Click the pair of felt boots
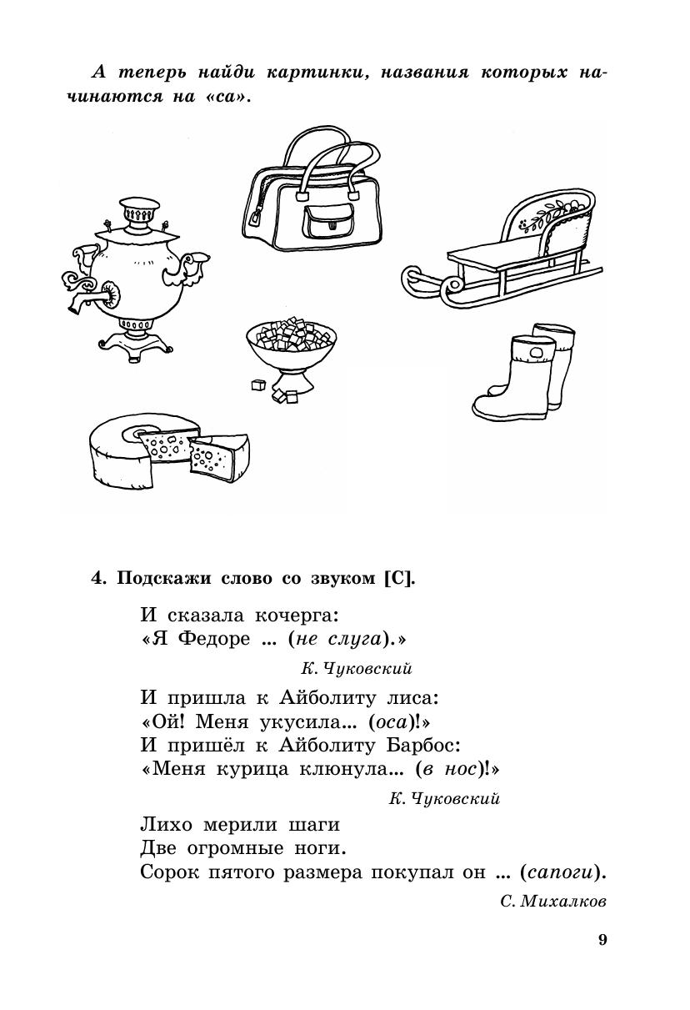[x=525, y=372]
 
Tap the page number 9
[x=602, y=940]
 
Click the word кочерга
[x=295, y=616]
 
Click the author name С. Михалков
[x=553, y=902]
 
